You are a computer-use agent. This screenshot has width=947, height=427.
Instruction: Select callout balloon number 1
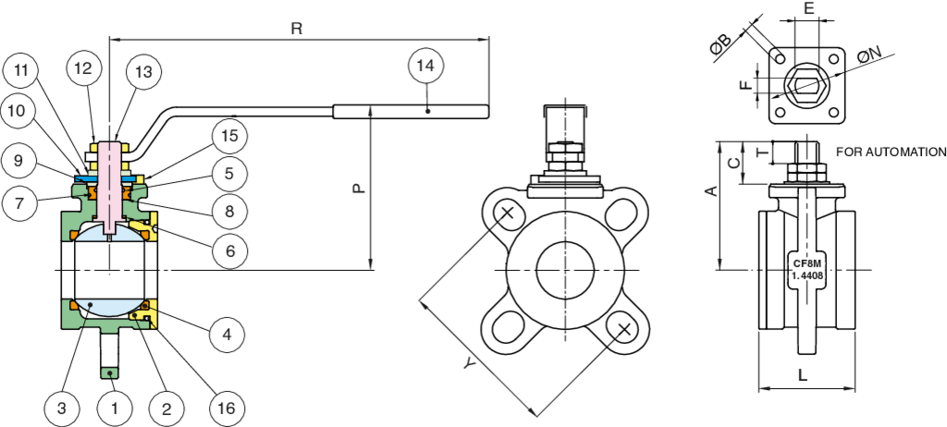point(115,407)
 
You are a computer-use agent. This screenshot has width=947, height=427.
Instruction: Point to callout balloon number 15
point(229,135)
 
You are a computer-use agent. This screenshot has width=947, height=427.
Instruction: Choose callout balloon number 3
point(61,407)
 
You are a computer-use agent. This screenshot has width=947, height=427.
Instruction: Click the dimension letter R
point(297,29)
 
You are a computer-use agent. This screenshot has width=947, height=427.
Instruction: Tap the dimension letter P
point(359,188)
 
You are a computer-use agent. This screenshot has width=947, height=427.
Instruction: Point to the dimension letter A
point(710,191)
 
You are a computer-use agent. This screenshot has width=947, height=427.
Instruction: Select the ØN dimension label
point(868,58)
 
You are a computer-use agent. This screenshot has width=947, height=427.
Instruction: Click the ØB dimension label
point(722,47)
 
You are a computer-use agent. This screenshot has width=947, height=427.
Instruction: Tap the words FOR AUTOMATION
point(891,152)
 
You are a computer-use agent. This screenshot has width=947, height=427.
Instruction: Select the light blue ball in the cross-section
point(111,277)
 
